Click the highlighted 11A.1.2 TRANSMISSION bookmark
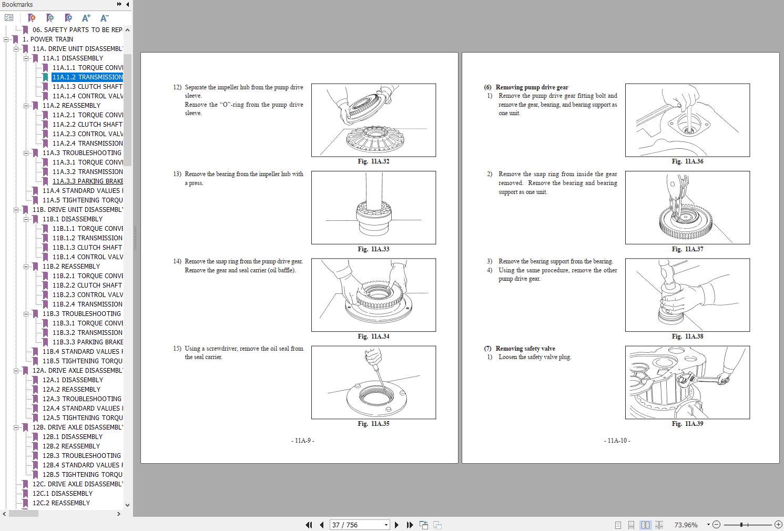87,77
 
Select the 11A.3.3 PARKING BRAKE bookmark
87,181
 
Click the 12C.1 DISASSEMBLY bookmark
62,494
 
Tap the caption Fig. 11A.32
373,161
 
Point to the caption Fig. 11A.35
373,424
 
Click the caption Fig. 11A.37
687,249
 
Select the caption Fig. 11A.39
687,424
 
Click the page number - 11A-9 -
302,441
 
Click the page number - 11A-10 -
617,441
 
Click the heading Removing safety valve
525,349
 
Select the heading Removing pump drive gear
532,87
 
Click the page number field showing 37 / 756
357,525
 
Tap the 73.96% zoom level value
686,525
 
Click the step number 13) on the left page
177,174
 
